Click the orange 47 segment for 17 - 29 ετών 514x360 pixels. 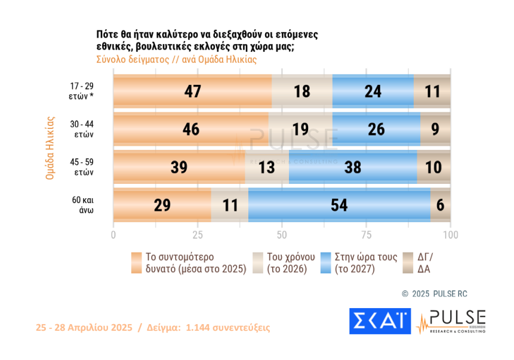(x=192, y=91)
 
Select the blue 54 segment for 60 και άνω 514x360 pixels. (x=339, y=205)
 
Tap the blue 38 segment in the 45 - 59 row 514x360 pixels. (x=352, y=167)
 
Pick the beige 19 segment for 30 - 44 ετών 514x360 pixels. (x=300, y=130)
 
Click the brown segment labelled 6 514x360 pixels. (x=441, y=205)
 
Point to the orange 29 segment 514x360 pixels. (x=162, y=205)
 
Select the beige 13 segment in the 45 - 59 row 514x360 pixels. (x=267, y=167)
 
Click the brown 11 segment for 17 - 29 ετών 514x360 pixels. (x=432, y=91)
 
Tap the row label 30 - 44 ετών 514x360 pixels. (x=81, y=130)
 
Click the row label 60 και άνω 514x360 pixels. (x=81, y=205)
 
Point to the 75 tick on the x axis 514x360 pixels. (x=367, y=235)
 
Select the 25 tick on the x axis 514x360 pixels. (x=198, y=235)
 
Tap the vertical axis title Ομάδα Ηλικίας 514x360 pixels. (x=51, y=147)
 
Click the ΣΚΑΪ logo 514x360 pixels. (x=380, y=321)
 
